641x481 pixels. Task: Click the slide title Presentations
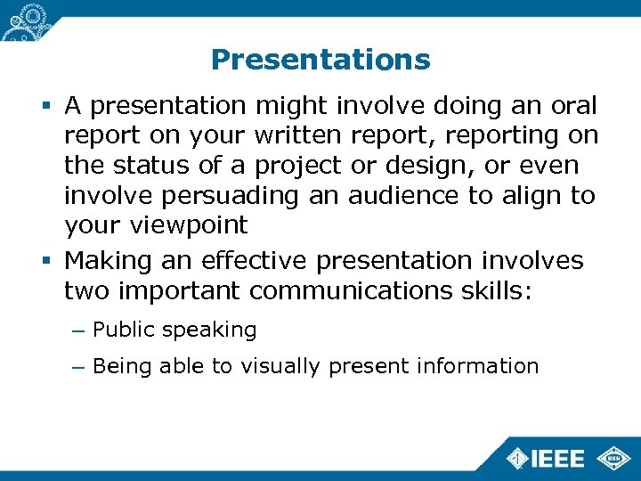click(320, 60)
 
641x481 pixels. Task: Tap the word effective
click(253, 261)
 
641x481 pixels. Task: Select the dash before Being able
click(77, 366)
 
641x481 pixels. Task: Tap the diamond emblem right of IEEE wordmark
click(613, 458)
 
